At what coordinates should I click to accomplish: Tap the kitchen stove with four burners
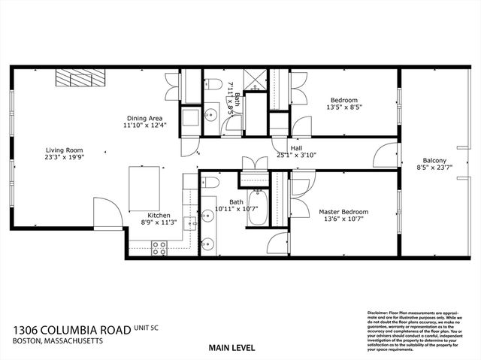point(159,245)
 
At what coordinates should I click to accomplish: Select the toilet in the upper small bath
point(213,83)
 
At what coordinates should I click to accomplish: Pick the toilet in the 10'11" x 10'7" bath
point(210,184)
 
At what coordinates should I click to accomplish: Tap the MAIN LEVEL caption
point(231,348)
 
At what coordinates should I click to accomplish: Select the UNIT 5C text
point(149,328)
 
